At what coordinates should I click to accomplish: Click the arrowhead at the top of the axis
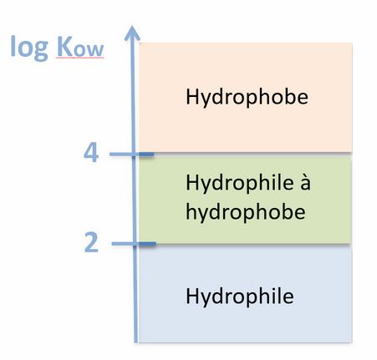coord(132,33)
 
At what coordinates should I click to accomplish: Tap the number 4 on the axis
coord(91,153)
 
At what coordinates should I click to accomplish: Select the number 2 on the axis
coord(91,243)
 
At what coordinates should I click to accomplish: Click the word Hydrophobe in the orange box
coord(247,98)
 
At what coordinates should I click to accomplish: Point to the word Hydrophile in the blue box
coord(240,297)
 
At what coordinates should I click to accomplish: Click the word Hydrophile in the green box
coord(240,183)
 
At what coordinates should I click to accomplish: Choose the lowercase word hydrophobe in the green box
coord(246,212)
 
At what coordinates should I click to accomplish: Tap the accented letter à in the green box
coord(305,184)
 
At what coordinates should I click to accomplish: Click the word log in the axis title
coord(29,48)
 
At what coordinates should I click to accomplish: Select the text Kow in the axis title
coord(80,47)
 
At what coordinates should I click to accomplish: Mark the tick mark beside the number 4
coord(131,155)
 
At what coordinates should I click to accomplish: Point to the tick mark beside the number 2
coord(134,244)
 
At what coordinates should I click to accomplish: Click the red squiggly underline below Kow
coord(79,58)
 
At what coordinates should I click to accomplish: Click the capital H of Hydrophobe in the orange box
coord(192,96)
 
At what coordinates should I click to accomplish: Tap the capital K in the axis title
coord(64,46)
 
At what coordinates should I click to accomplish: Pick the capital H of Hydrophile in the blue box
coord(192,295)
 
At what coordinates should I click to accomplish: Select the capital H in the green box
coord(192,182)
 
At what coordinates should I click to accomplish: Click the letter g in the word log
coord(41,51)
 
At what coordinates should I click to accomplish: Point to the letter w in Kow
coord(94,50)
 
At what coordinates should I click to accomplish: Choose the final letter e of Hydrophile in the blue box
coord(288,297)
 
